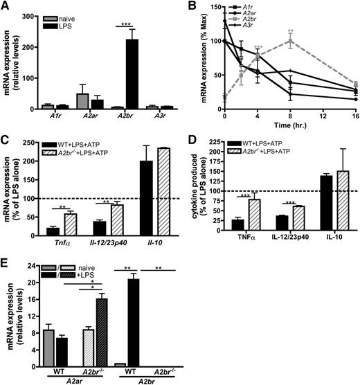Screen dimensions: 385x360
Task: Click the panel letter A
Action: (x=6, y=6)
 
